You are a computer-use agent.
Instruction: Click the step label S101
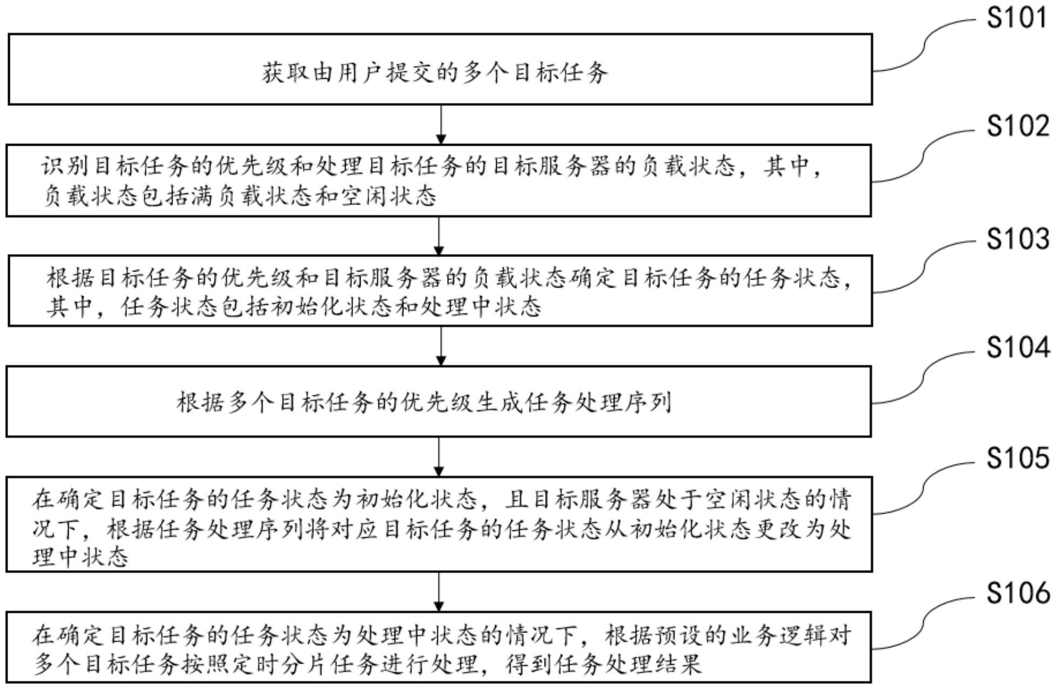1017,17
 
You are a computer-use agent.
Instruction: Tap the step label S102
1017,126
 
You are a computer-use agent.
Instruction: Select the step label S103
1017,238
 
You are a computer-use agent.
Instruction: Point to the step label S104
1017,347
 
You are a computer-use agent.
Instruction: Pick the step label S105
1017,458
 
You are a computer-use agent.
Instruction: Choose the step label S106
1017,593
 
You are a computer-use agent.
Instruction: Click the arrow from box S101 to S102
441,124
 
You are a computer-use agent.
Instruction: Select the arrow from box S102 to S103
439,236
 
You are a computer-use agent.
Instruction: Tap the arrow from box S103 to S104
441,346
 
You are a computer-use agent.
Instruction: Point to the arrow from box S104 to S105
439,456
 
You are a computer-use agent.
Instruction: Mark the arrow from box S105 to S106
439,591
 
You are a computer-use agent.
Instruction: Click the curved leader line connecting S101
924,46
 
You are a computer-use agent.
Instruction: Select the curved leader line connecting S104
924,377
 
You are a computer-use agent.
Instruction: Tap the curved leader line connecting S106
924,622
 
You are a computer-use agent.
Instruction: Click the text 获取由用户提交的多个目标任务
435,73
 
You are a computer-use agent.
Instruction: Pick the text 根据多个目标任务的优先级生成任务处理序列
424,403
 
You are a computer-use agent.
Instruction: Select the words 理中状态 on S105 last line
80,557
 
